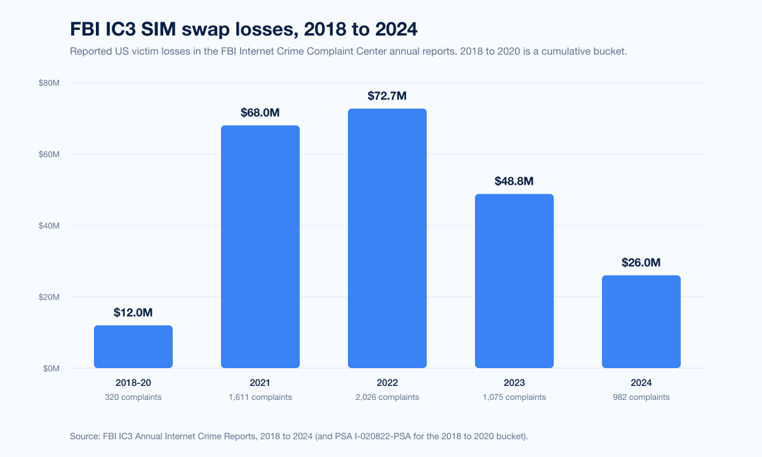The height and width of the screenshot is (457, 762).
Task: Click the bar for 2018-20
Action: tap(133, 347)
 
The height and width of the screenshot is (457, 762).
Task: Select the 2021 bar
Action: tap(260, 247)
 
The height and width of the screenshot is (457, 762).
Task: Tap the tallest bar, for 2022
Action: tap(387, 239)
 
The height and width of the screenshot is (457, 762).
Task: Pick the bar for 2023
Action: tap(514, 281)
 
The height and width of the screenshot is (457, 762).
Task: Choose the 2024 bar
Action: tap(641, 322)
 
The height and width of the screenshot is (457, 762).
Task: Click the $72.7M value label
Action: tap(387, 96)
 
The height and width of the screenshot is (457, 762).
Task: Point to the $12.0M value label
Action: tap(133, 312)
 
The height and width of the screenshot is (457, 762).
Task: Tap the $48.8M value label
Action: tap(514, 182)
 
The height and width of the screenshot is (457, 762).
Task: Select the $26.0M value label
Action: tap(641, 263)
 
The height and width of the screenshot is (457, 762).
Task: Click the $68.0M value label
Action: tap(260, 113)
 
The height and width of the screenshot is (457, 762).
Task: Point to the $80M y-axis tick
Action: tap(49, 83)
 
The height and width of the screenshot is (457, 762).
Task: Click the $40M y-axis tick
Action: tap(49, 225)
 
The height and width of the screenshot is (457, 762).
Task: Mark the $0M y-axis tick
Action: tap(51, 368)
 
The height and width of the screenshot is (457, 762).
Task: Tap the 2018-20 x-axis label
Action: tap(133, 383)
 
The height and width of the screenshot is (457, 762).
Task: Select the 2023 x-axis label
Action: tap(514, 383)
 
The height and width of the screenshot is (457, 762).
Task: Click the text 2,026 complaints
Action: tap(387, 397)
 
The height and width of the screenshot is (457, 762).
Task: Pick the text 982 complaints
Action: tap(641, 397)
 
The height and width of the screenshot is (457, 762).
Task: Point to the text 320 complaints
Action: tap(133, 397)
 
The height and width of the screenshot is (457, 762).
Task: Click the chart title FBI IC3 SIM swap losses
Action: tap(243, 29)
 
